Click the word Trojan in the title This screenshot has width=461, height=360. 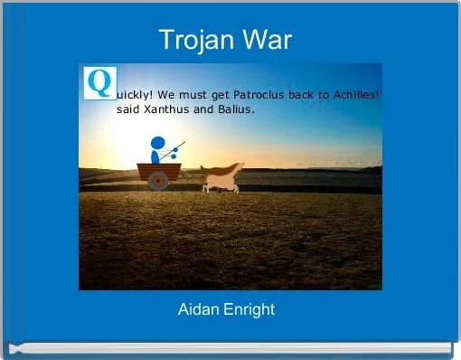[192, 40]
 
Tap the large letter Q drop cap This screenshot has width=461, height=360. [99, 82]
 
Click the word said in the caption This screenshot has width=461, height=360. [128, 109]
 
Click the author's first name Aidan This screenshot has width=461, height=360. [202, 310]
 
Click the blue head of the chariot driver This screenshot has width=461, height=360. [158, 143]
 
